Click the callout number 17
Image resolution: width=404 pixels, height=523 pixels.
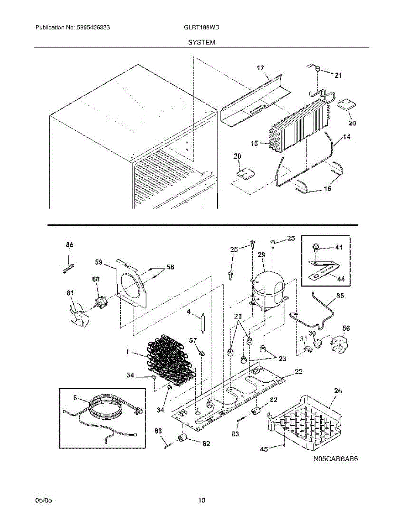click(260, 68)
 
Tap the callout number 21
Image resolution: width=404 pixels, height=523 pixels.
click(338, 75)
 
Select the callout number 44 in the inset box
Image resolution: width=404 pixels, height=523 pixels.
click(338, 278)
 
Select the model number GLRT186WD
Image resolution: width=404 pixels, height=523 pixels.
click(202, 27)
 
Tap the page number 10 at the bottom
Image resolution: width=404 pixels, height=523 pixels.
click(201, 500)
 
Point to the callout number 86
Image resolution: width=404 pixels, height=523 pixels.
click(69, 245)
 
